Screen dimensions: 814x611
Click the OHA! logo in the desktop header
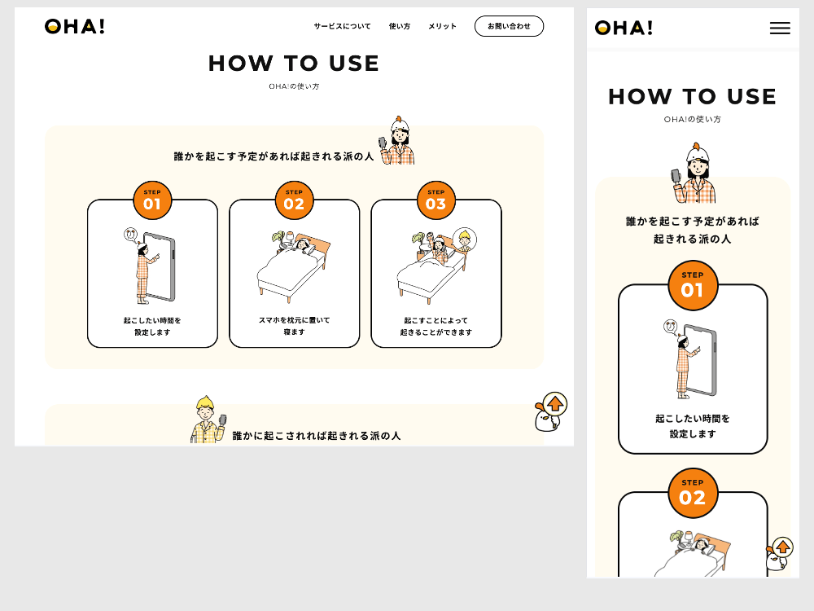[x=75, y=27]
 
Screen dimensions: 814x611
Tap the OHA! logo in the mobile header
[x=624, y=28]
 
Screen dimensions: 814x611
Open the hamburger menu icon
[x=780, y=28]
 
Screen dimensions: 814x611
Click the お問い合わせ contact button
[x=509, y=26]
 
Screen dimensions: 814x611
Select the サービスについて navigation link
[x=342, y=26]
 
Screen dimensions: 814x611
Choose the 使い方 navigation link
[x=399, y=26]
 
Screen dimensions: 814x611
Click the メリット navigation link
[x=442, y=26]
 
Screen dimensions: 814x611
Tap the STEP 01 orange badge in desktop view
[x=152, y=200]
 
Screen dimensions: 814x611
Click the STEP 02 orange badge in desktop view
[x=294, y=200]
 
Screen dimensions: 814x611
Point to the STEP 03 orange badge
[x=436, y=200]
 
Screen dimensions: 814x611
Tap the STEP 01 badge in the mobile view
[x=693, y=286]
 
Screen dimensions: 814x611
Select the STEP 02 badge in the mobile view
[x=693, y=493]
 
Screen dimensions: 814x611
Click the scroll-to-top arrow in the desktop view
[x=555, y=404]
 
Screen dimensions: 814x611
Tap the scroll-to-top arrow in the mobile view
[x=783, y=547]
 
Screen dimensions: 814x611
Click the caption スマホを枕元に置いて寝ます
[x=294, y=326]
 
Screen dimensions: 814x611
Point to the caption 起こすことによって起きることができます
[x=436, y=327]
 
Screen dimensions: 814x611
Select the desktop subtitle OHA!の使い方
[x=294, y=86]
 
